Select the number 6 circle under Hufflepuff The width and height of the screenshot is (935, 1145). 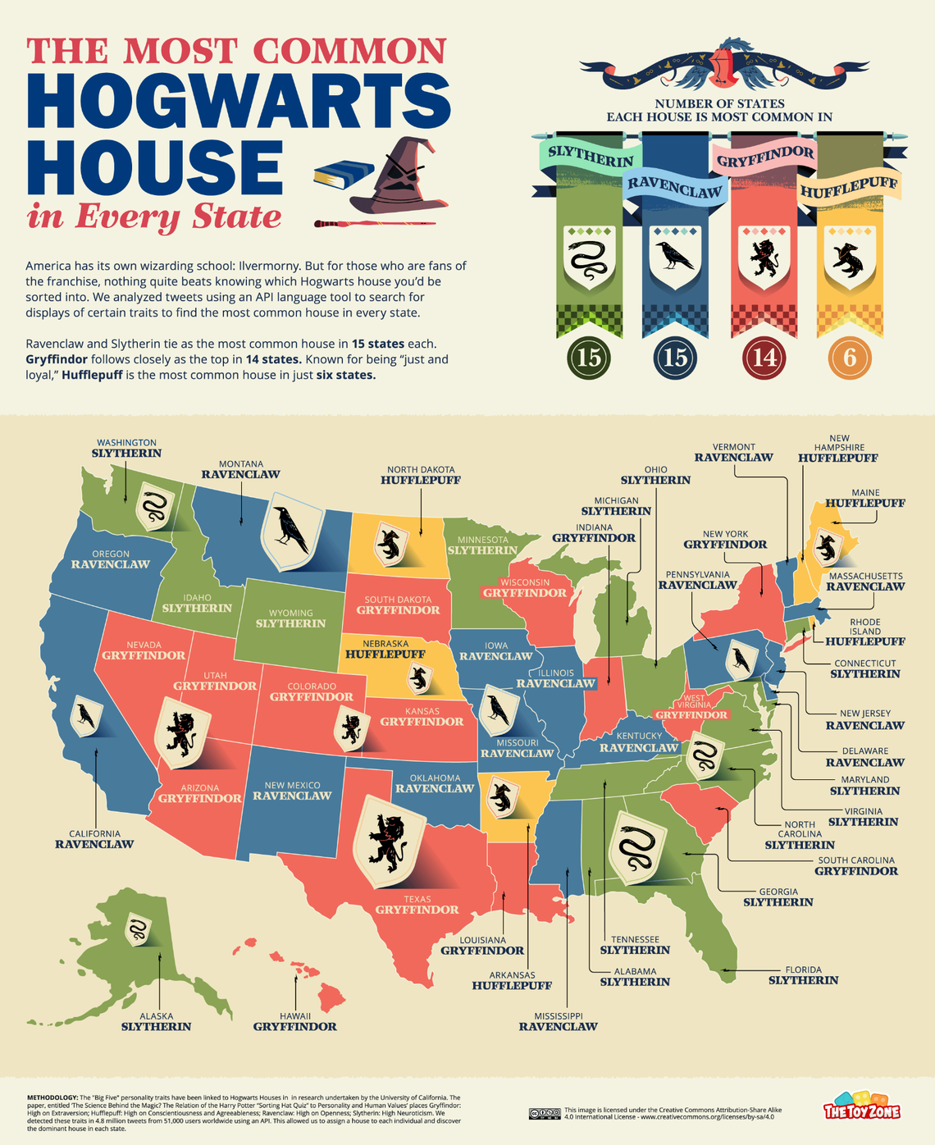[850, 358]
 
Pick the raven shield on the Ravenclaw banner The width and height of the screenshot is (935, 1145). [676, 257]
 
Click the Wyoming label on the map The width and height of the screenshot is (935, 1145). [290, 618]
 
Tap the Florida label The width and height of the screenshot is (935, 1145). [803, 975]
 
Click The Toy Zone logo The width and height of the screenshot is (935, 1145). [862, 1106]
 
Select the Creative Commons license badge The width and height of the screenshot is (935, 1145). [545, 1113]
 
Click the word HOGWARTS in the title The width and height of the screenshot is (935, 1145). [239, 99]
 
